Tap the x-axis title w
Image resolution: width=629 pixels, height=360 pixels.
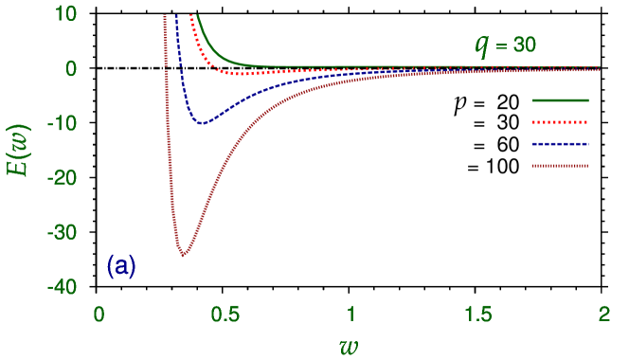350,343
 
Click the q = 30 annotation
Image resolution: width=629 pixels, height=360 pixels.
507,45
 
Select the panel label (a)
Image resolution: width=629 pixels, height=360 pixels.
121,266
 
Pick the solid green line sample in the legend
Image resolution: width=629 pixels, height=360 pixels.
561,100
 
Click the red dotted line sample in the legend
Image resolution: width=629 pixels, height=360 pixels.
561,122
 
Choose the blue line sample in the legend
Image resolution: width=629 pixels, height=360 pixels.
561,144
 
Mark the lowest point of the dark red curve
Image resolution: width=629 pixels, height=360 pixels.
183,255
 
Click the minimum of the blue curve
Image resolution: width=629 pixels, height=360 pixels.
202,122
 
